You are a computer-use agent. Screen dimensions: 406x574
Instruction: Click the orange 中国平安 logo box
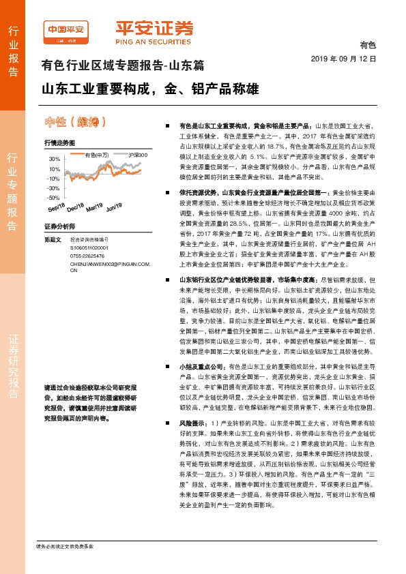(64, 30)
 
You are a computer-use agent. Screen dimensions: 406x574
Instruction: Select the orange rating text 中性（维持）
(75, 123)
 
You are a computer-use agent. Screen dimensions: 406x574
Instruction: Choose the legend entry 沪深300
(136, 156)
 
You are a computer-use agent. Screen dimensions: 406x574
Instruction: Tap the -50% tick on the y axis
(53, 197)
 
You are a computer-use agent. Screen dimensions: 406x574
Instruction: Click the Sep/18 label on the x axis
(57, 207)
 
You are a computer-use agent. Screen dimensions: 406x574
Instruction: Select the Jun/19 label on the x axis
(114, 207)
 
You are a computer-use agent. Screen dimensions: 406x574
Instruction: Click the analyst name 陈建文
(53, 240)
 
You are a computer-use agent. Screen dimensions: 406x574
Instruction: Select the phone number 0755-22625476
(88, 256)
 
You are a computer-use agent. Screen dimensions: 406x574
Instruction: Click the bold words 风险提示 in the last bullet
(193, 423)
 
